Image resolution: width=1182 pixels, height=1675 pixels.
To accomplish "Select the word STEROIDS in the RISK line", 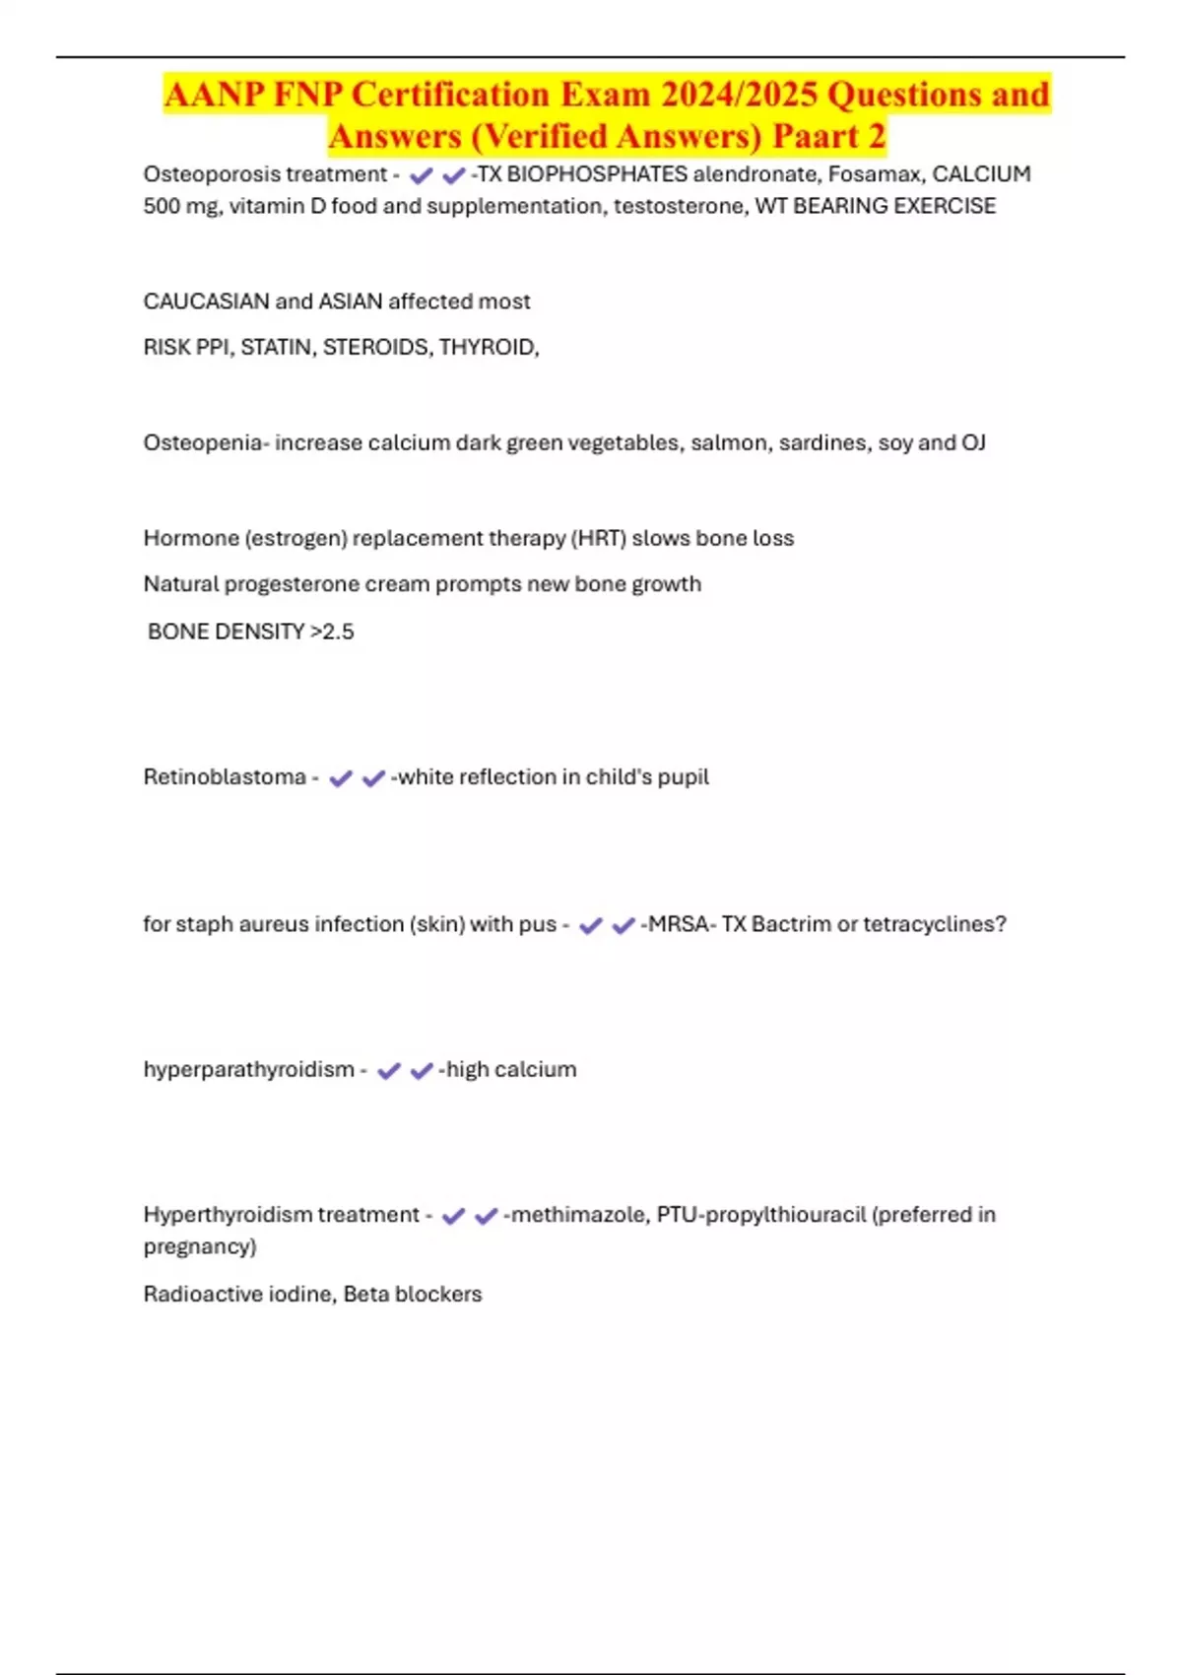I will click(x=376, y=347).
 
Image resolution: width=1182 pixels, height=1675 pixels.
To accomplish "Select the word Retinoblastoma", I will click(x=225, y=776).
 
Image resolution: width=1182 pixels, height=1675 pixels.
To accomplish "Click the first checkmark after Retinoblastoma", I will click(x=341, y=778).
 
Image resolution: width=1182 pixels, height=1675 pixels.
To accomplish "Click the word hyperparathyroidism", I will click(x=248, y=1069).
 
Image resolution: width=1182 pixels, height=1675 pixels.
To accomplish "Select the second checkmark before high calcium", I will click(x=422, y=1071).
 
